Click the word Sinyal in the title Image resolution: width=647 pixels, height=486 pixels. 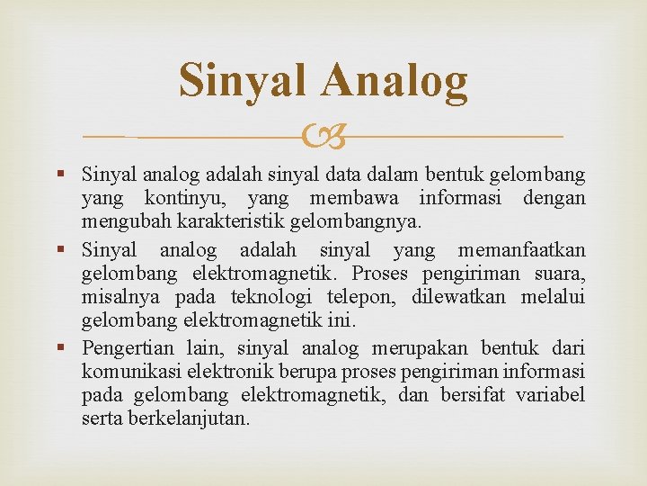tap(246, 81)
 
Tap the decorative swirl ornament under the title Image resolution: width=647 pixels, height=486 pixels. tap(323, 138)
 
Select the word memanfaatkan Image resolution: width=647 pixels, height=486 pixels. tap(521, 249)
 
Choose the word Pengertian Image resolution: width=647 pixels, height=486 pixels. tap(127, 348)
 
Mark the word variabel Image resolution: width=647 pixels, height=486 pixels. tap(550, 395)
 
